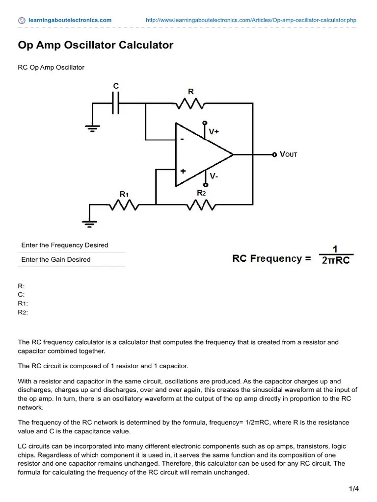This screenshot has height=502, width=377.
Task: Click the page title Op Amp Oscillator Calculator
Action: [x=96, y=46]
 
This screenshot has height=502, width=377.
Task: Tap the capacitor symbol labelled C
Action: [x=116, y=103]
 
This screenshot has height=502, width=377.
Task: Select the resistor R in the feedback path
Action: [x=190, y=103]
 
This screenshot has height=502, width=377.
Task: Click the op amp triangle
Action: [x=201, y=154]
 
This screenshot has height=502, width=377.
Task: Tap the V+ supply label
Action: [x=215, y=132]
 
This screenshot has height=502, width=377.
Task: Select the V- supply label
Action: [x=214, y=176]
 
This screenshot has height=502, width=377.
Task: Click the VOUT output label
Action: [x=288, y=154]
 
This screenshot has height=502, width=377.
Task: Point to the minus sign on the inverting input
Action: [x=183, y=139]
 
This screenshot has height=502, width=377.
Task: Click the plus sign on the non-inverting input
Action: [x=183, y=171]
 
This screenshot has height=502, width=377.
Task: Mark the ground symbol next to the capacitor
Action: [x=91, y=128]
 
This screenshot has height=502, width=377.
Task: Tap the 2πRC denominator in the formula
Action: [x=336, y=261]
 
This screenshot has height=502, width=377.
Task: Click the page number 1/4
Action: [x=354, y=489]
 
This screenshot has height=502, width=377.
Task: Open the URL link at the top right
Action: [x=251, y=20]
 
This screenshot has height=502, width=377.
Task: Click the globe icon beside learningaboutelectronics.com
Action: [x=22, y=21]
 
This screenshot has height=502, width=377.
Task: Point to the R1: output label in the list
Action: [x=23, y=303]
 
